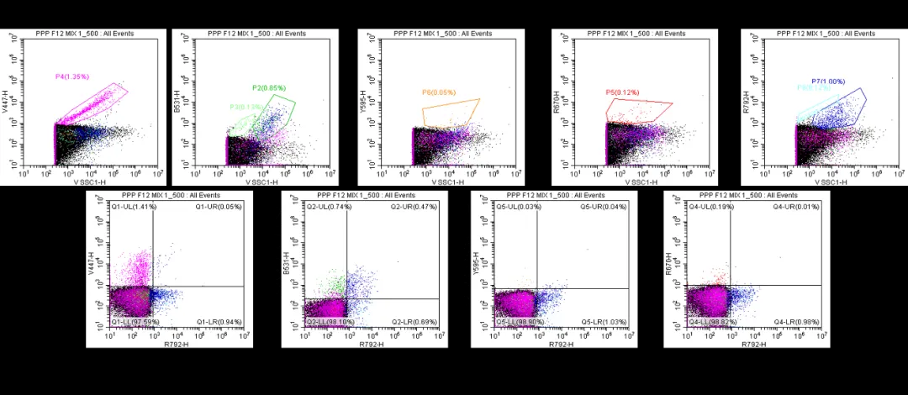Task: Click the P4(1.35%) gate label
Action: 71,76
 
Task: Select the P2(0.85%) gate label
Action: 269,87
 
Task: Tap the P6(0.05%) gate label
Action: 439,92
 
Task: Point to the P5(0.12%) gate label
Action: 623,92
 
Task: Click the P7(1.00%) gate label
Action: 828,81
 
